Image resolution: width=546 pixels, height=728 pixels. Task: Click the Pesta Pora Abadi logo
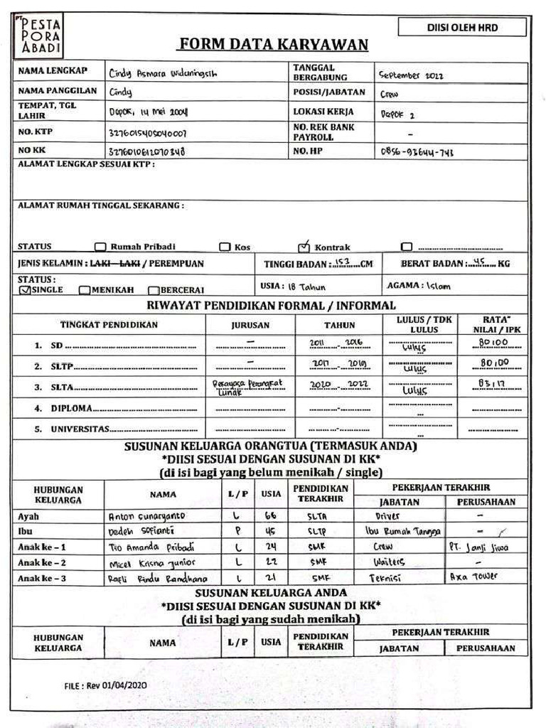(x=37, y=36)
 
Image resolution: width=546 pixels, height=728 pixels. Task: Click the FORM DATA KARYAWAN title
(x=273, y=45)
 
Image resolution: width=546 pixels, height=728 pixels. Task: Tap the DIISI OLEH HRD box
(x=462, y=28)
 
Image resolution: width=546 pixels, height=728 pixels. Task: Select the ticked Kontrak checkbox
(x=304, y=247)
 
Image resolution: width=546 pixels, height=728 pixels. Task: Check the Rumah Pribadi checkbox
(x=100, y=247)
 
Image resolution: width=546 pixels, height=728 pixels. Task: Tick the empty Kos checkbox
(x=225, y=247)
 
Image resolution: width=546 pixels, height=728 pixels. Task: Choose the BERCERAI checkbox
(x=153, y=290)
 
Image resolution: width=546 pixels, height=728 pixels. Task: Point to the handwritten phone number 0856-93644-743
(x=417, y=151)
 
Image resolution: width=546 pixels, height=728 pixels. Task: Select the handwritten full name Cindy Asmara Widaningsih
(x=163, y=73)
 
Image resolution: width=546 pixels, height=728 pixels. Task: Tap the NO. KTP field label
(x=36, y=132)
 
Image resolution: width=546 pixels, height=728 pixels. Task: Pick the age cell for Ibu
(x=271, y=531)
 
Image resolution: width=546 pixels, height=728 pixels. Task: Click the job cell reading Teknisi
(x=386, y=578)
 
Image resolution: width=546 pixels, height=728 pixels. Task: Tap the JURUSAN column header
(x=250, y=326)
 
